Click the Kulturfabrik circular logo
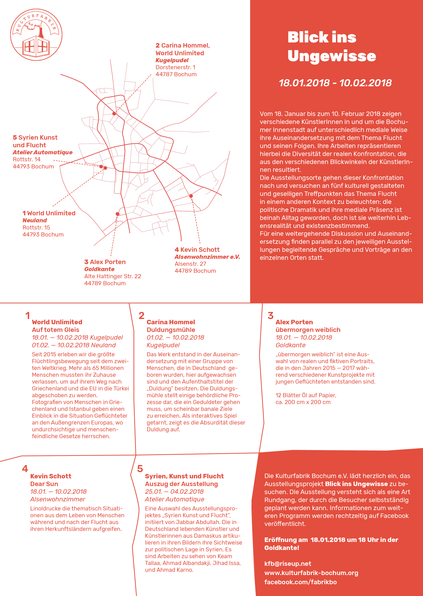click(36, 35)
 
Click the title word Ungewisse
click(332, 56)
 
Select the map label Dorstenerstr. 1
click(175, 67)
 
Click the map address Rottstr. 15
click(36, 227)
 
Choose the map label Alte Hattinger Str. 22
click(113, 276)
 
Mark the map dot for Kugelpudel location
click(114, 114)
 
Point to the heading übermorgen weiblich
click(308, 330)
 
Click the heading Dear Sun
click(44, 484)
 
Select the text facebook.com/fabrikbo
click(300, 582)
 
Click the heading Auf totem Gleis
click(55, 330)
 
